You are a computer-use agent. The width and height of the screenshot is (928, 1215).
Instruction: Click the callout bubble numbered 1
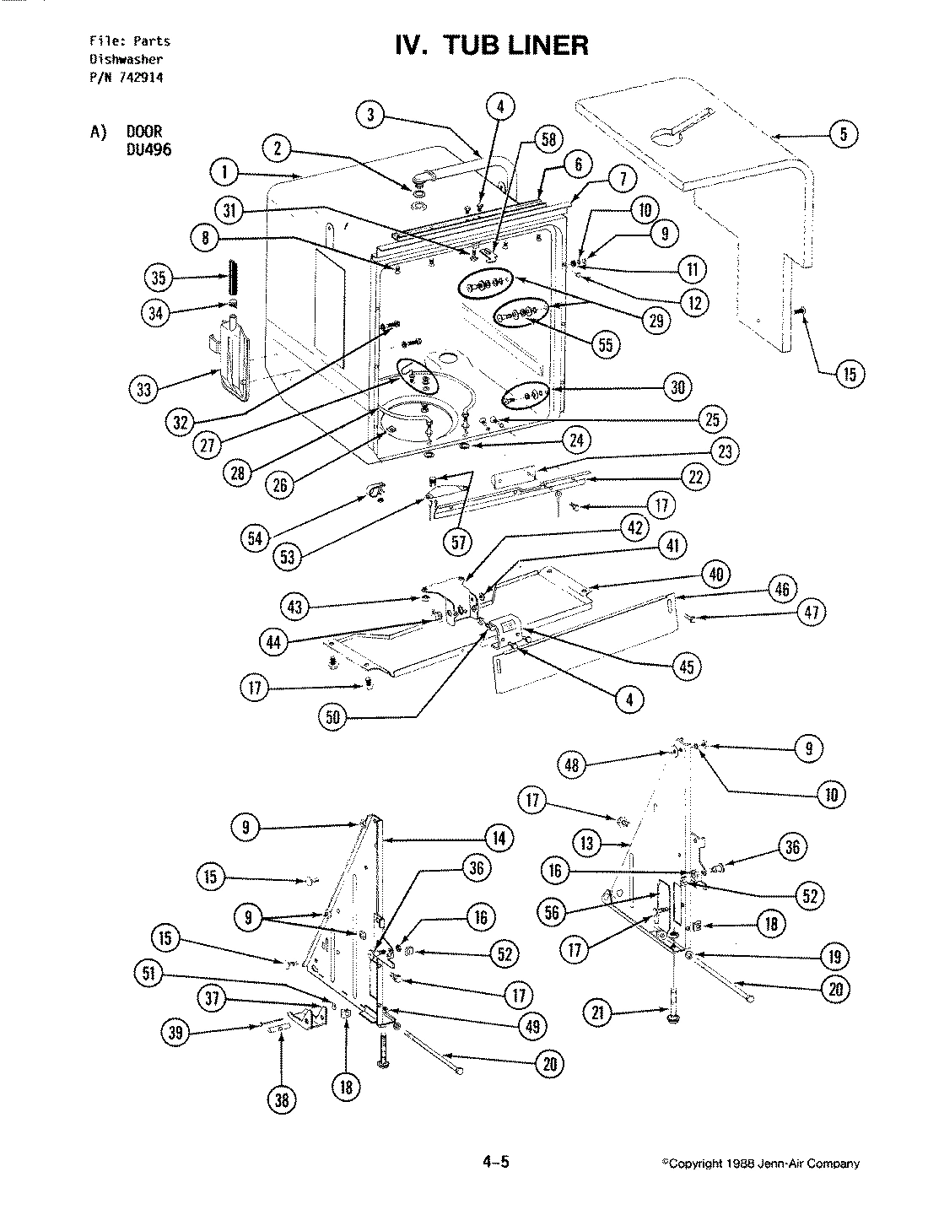click(x=224, y=174)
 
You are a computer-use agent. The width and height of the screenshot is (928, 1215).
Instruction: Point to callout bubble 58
click(x=548, y=139)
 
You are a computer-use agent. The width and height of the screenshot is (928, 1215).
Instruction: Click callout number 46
click(x=781, y=588)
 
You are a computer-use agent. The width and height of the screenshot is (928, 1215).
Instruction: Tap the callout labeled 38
click(x=281, y=1099)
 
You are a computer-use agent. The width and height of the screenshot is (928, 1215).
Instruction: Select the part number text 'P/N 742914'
click(x=127, y=77)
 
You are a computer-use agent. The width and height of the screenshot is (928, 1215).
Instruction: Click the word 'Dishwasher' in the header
click(x=126, y=59)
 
